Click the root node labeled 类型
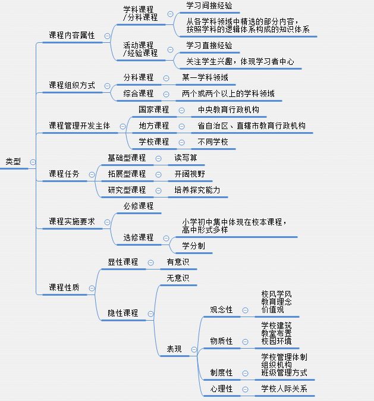(x=13, y=161)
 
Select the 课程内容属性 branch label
(x=72, y=35)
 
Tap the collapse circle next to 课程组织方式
(x=108, y=86)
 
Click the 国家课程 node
(x=153, y=109)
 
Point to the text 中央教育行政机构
(x=228, y=109)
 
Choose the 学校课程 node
(x=153, y=142)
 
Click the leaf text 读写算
(x=186, y=158)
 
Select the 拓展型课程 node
(x=127, y=174)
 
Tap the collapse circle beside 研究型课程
(x=159, y=190)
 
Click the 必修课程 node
(x=139, y=206)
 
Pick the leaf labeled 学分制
(x=193, y=246)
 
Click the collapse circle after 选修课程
(x=166, y=239)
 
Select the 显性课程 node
(x=123, y=262)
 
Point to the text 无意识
(x=178, y=278)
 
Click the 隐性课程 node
(x=123, y=313)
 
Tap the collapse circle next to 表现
(x=194, y=349)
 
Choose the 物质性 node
(x=221, y=341)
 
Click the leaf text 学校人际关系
(x=284, y=389)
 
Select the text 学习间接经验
(x=209, y=5)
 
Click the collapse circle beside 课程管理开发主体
(x=122, y=126)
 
